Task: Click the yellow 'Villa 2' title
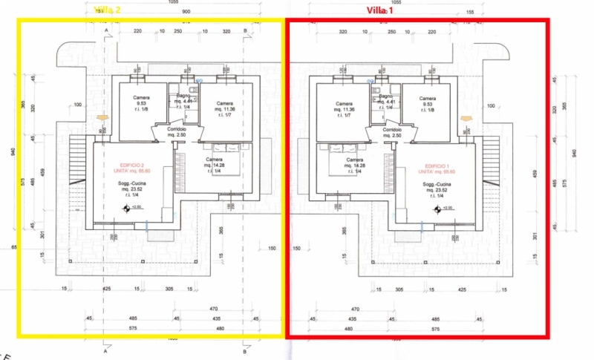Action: click(x=107, y=10)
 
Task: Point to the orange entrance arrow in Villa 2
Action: click(x=101, y=117)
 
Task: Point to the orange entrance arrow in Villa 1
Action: click(x=467, y=117)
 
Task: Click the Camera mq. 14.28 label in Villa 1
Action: click(x=355, y=164)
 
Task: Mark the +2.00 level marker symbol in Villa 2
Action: click(x=126, y=209)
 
